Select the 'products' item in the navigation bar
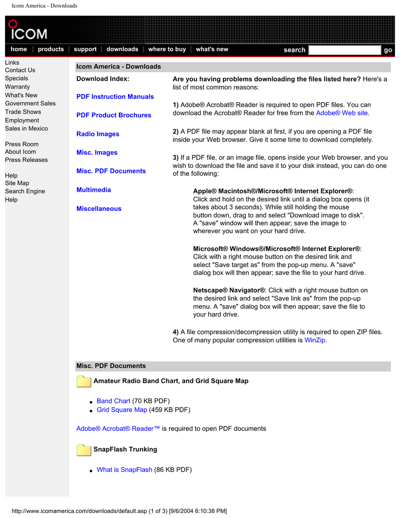point(51,50)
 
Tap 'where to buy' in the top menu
point(167,50)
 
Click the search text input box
point(344,50)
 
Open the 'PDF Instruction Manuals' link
point(115,97)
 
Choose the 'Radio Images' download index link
point(98,134)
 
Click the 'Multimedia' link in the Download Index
point(94,190)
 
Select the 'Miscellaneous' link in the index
point(99,208)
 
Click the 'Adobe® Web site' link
point(342,113)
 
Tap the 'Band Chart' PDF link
point(113,401)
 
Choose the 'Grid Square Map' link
point(122,410)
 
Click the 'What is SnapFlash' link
point(124,469)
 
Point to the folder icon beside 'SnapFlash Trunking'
point(84,450)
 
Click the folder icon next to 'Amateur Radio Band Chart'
point(84,381)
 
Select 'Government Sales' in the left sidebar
point(30,103)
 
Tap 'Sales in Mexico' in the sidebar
point(26,128)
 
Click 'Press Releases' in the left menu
point(26,160)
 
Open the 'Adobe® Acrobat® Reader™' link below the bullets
point(118,428)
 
